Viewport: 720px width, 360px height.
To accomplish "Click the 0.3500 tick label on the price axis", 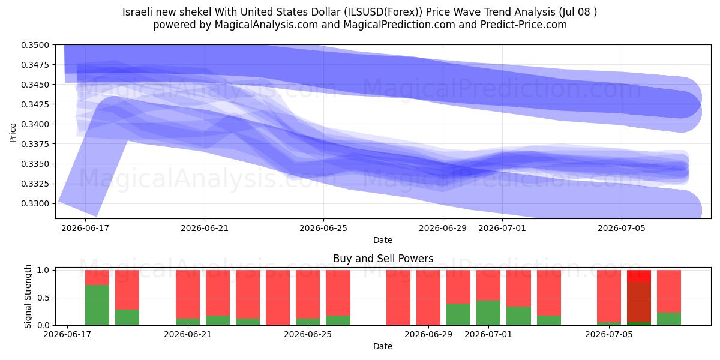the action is tap(35, 45).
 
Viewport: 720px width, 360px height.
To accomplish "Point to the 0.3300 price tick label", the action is tap(35, 203).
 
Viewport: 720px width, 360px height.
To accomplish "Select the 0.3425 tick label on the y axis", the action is tap(35, 104).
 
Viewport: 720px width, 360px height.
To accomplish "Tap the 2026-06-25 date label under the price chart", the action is tap(323, 228).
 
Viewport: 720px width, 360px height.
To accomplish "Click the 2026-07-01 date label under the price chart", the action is tap(502, 228).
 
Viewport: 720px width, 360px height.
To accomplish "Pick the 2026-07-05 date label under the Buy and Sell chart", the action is tap(609, 334).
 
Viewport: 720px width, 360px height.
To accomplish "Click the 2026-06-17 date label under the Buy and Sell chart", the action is tap(67, 334).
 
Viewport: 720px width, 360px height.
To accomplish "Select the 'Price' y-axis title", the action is tap(13, 133).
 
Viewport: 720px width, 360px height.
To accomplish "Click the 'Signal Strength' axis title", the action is tap(28, 296).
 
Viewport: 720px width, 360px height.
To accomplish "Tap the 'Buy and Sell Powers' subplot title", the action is tap(383, 259).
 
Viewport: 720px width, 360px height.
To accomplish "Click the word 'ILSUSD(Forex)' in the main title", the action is tap(383, 12).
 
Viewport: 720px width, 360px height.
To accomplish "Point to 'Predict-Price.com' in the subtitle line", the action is tap(524, 25).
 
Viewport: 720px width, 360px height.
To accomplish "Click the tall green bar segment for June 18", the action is tap(97, 305).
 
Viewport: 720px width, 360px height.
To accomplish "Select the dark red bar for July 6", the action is tap(639, 302).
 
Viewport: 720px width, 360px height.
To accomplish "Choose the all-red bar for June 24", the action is tap(278, 298).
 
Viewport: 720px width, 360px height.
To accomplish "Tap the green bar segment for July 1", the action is tap(488, 313).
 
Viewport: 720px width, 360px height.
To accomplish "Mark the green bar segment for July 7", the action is tap(669, 319).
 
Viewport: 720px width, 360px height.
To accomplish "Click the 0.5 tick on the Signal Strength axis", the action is tap(43, 298).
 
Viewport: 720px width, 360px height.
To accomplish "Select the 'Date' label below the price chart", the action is tap(383, 240).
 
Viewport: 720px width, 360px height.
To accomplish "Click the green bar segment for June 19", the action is tap(127, 317).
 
